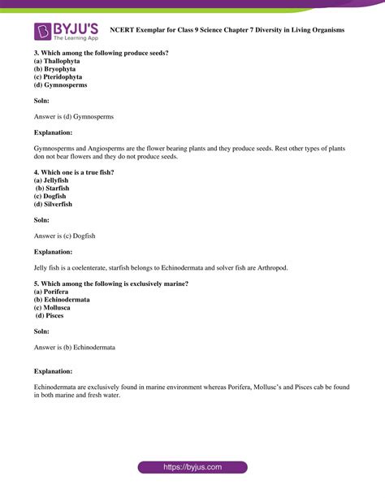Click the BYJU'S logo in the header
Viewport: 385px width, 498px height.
pyautogui.click(x=65, y=31)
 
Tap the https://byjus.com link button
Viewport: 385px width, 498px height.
pyautogui.click(x=192, y=467)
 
